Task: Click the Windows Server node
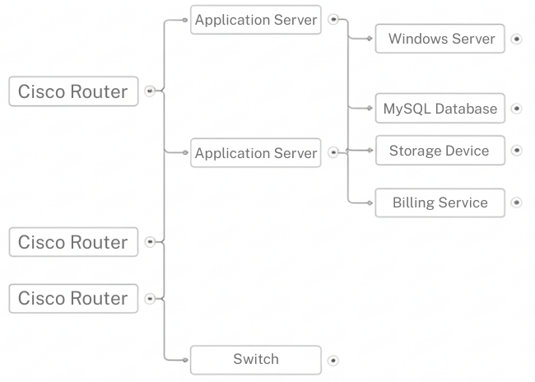click(440, 39)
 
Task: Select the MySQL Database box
click(440, 109)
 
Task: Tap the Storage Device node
click(440, 151)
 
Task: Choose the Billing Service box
click(440, 203)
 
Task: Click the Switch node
click(255, 360)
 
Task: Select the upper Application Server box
click(255, 20)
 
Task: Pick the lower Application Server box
click(255, 153)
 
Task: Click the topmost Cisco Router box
click(73, 91)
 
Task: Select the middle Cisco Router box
click(73, 242)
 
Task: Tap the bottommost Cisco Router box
click(73, 298)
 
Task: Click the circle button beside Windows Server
click(516, 39)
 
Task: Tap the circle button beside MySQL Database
click(516, 109)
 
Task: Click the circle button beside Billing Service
click(516, 203)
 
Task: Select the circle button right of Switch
click(333, 360)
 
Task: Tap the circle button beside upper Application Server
click(333, 20)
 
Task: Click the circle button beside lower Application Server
click(333, 152)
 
